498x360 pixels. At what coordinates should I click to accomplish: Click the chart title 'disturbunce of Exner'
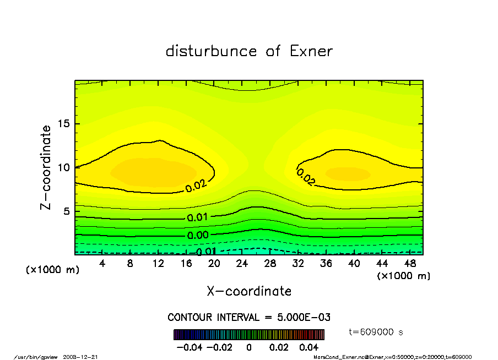point(249,51)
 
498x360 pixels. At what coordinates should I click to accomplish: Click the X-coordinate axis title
point(249,291)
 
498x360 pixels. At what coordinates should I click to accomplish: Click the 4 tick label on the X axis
point(102,264)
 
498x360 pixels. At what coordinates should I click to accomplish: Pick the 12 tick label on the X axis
point(159,264)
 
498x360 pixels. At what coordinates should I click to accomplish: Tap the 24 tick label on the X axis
point(242,264)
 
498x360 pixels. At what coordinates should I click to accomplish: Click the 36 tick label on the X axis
point(326,264)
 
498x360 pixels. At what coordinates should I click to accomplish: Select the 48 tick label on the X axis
point(410,264)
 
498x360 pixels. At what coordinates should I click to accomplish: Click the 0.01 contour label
point(197,217)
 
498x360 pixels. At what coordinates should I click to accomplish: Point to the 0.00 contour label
point(197,235)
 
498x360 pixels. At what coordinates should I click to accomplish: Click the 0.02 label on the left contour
point(196,186)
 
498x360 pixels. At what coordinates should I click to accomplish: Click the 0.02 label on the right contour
point(306,177)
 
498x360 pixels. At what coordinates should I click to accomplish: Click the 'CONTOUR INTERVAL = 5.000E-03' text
point(249,318)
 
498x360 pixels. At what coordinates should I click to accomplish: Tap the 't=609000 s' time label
point(377,332)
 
